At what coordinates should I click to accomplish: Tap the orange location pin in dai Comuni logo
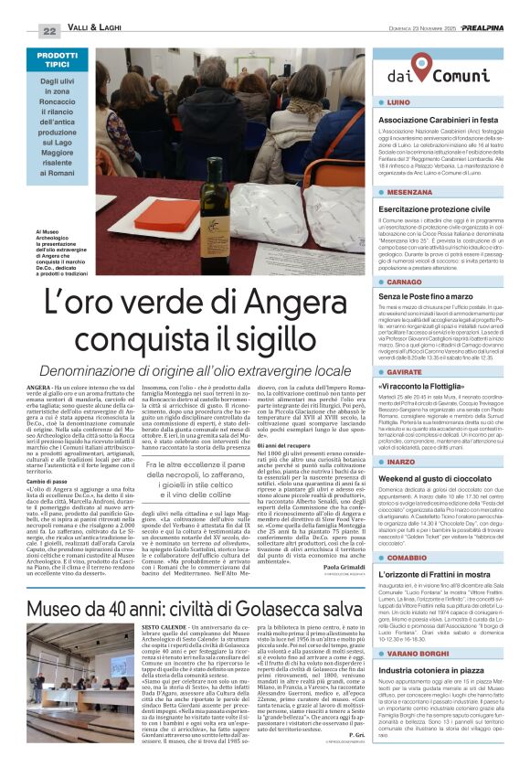tap(423, 65)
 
